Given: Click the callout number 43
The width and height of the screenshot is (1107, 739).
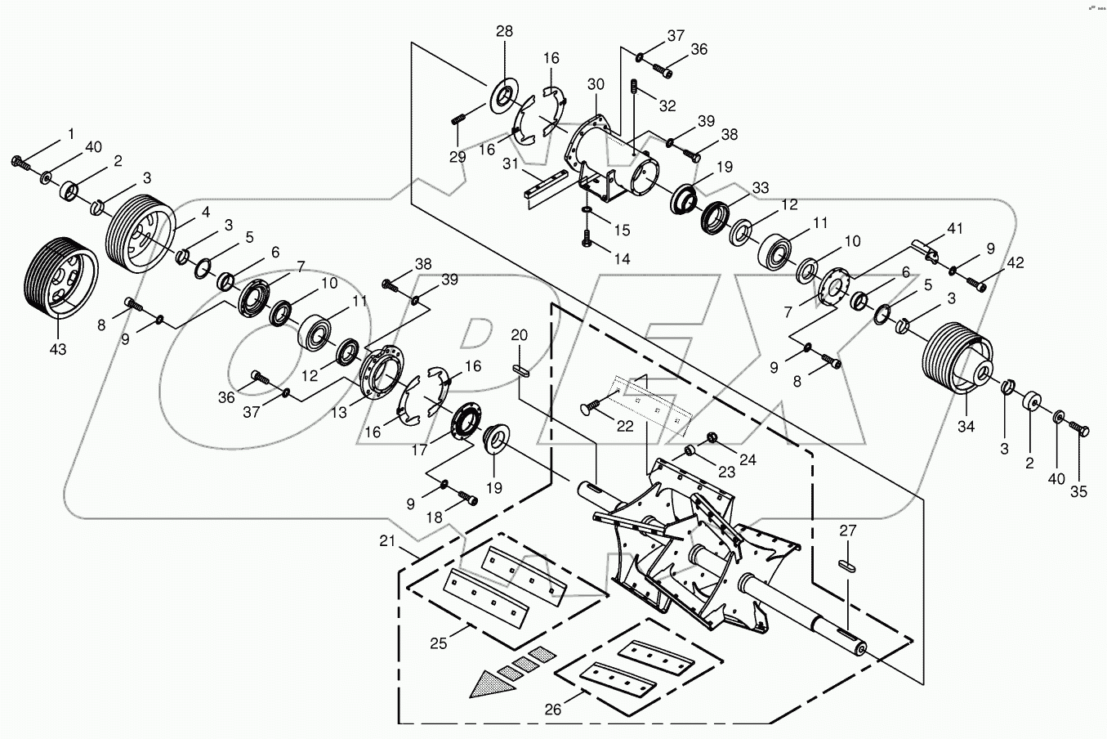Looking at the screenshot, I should coord(58,349).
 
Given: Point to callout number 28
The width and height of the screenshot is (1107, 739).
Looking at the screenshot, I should coord(504,32).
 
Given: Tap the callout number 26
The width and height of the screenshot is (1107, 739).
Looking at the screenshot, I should coord(553,710).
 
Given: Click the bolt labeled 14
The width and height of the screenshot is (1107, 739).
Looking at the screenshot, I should coord(587,240).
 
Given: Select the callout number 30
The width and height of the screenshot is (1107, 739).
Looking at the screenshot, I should coord(596,84).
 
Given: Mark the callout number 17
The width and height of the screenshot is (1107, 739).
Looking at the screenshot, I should coord(419,449).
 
